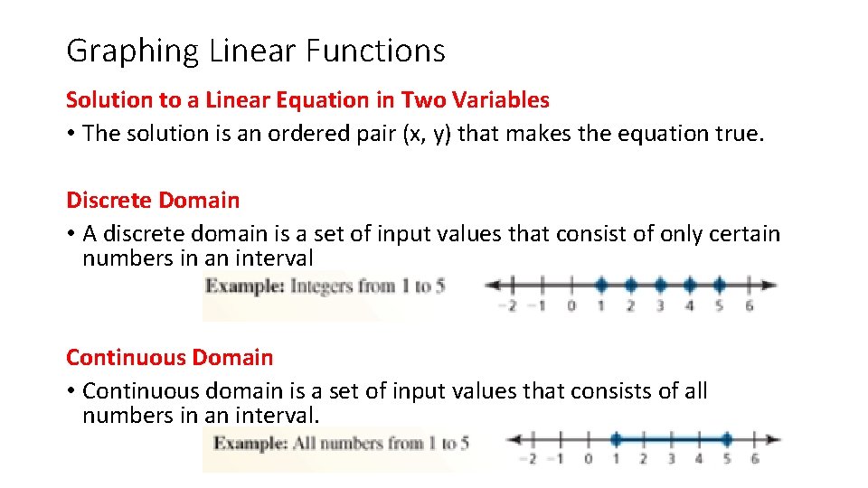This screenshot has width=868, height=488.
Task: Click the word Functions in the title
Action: tap(375, 51)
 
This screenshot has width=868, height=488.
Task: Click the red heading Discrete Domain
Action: tap(153, 200)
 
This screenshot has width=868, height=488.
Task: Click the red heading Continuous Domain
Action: tap(169, 357)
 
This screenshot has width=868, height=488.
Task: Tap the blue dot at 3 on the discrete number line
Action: tap(660, 285)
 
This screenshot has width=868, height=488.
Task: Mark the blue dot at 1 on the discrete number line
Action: tap(601, 285)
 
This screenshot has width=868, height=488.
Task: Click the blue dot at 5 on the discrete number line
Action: tap(719, 285)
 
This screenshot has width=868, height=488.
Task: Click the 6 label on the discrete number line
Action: tap(750, 305)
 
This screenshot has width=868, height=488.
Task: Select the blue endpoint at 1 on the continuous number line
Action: tap(616, 440)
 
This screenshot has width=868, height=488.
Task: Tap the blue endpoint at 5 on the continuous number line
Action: tap(727, 440)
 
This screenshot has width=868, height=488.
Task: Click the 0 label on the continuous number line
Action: tap(589, 459)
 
